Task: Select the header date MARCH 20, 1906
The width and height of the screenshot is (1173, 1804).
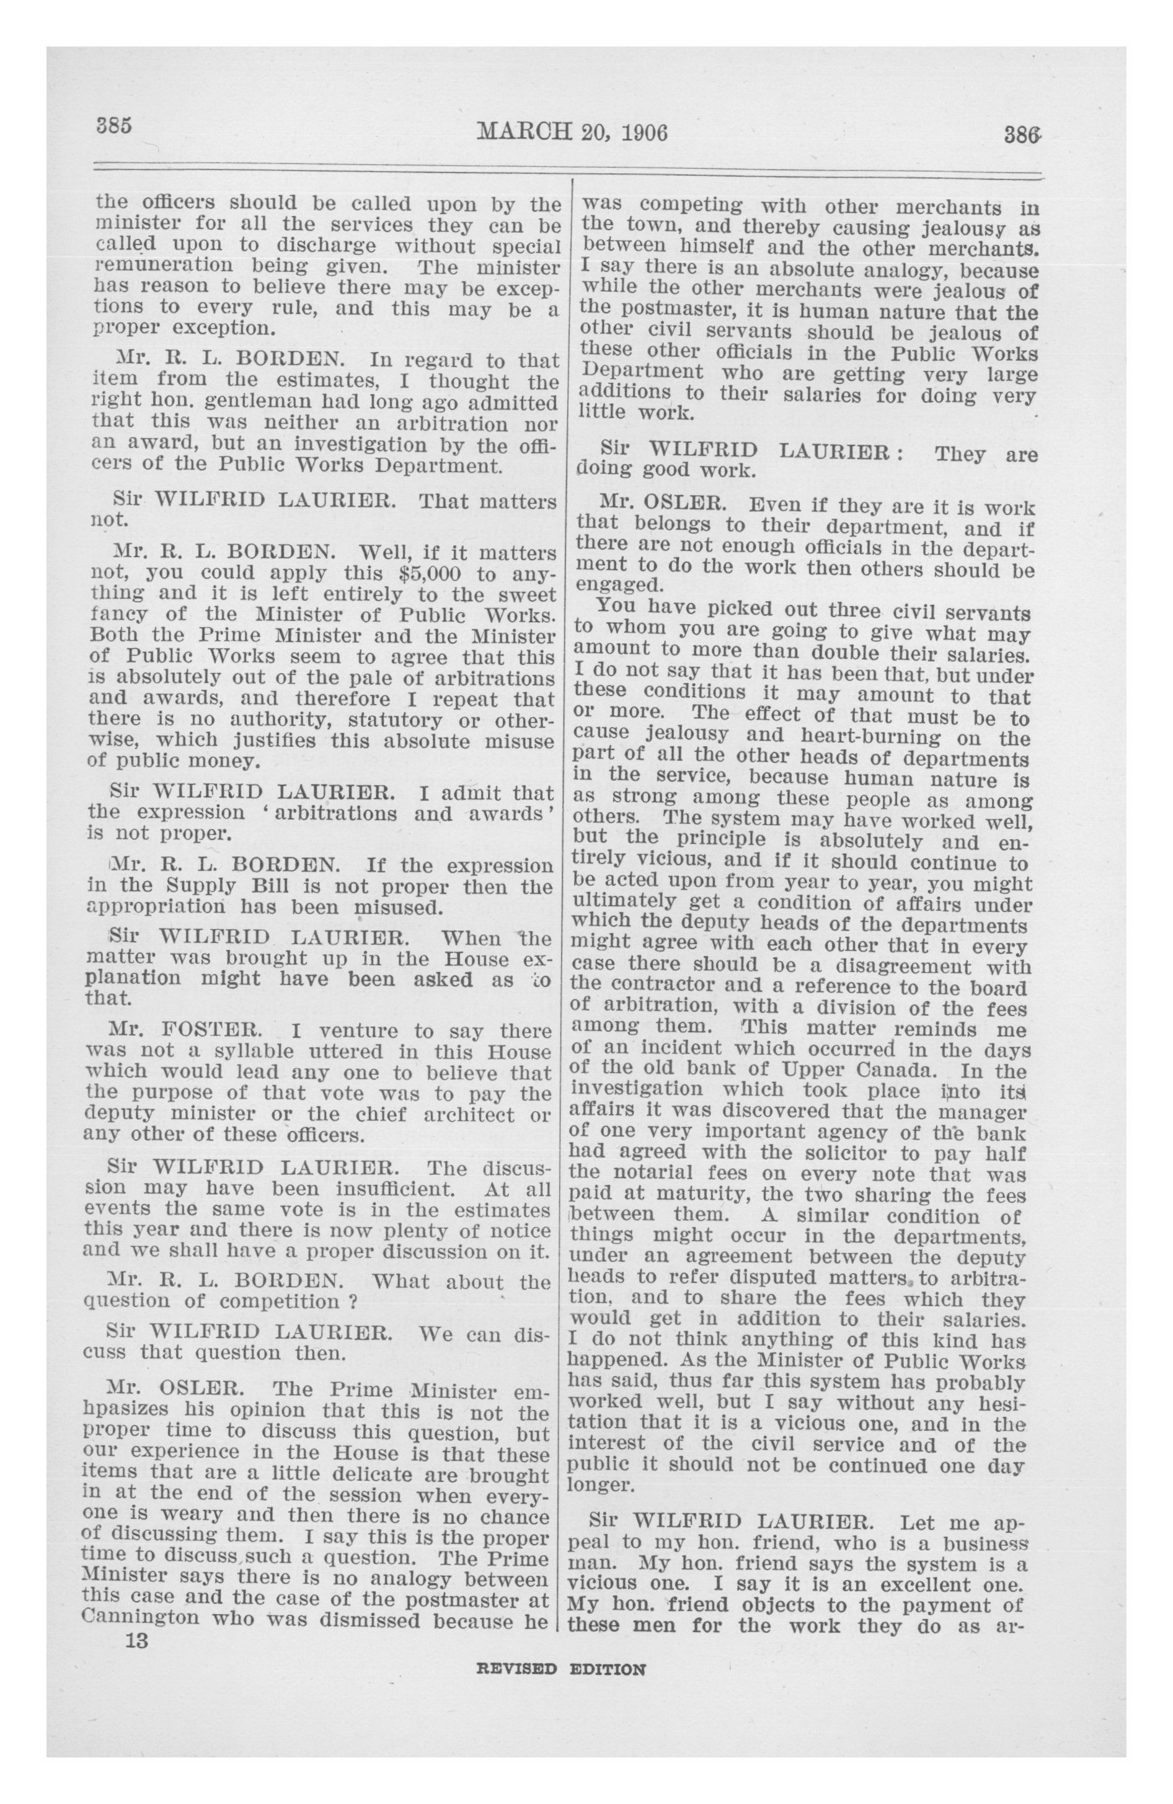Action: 572,133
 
